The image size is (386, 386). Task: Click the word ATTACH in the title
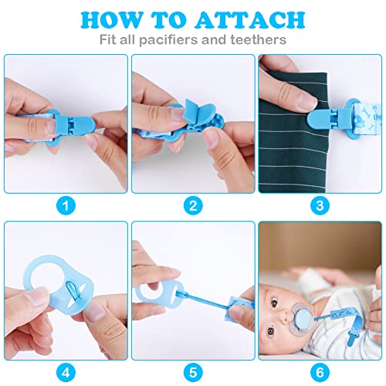(250, 20)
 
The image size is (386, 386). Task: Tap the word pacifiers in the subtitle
(169, 40)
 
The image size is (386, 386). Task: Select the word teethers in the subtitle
(258, 39)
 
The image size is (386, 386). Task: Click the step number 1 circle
(66, 205)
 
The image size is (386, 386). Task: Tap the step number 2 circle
(193, 205)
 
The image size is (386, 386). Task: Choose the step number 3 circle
(320, 205)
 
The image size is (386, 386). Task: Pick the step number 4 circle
(66, 372)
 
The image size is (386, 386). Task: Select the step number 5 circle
(193, 372)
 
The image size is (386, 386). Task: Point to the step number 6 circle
(320, 372)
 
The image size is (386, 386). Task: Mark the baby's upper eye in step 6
(274, 303)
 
